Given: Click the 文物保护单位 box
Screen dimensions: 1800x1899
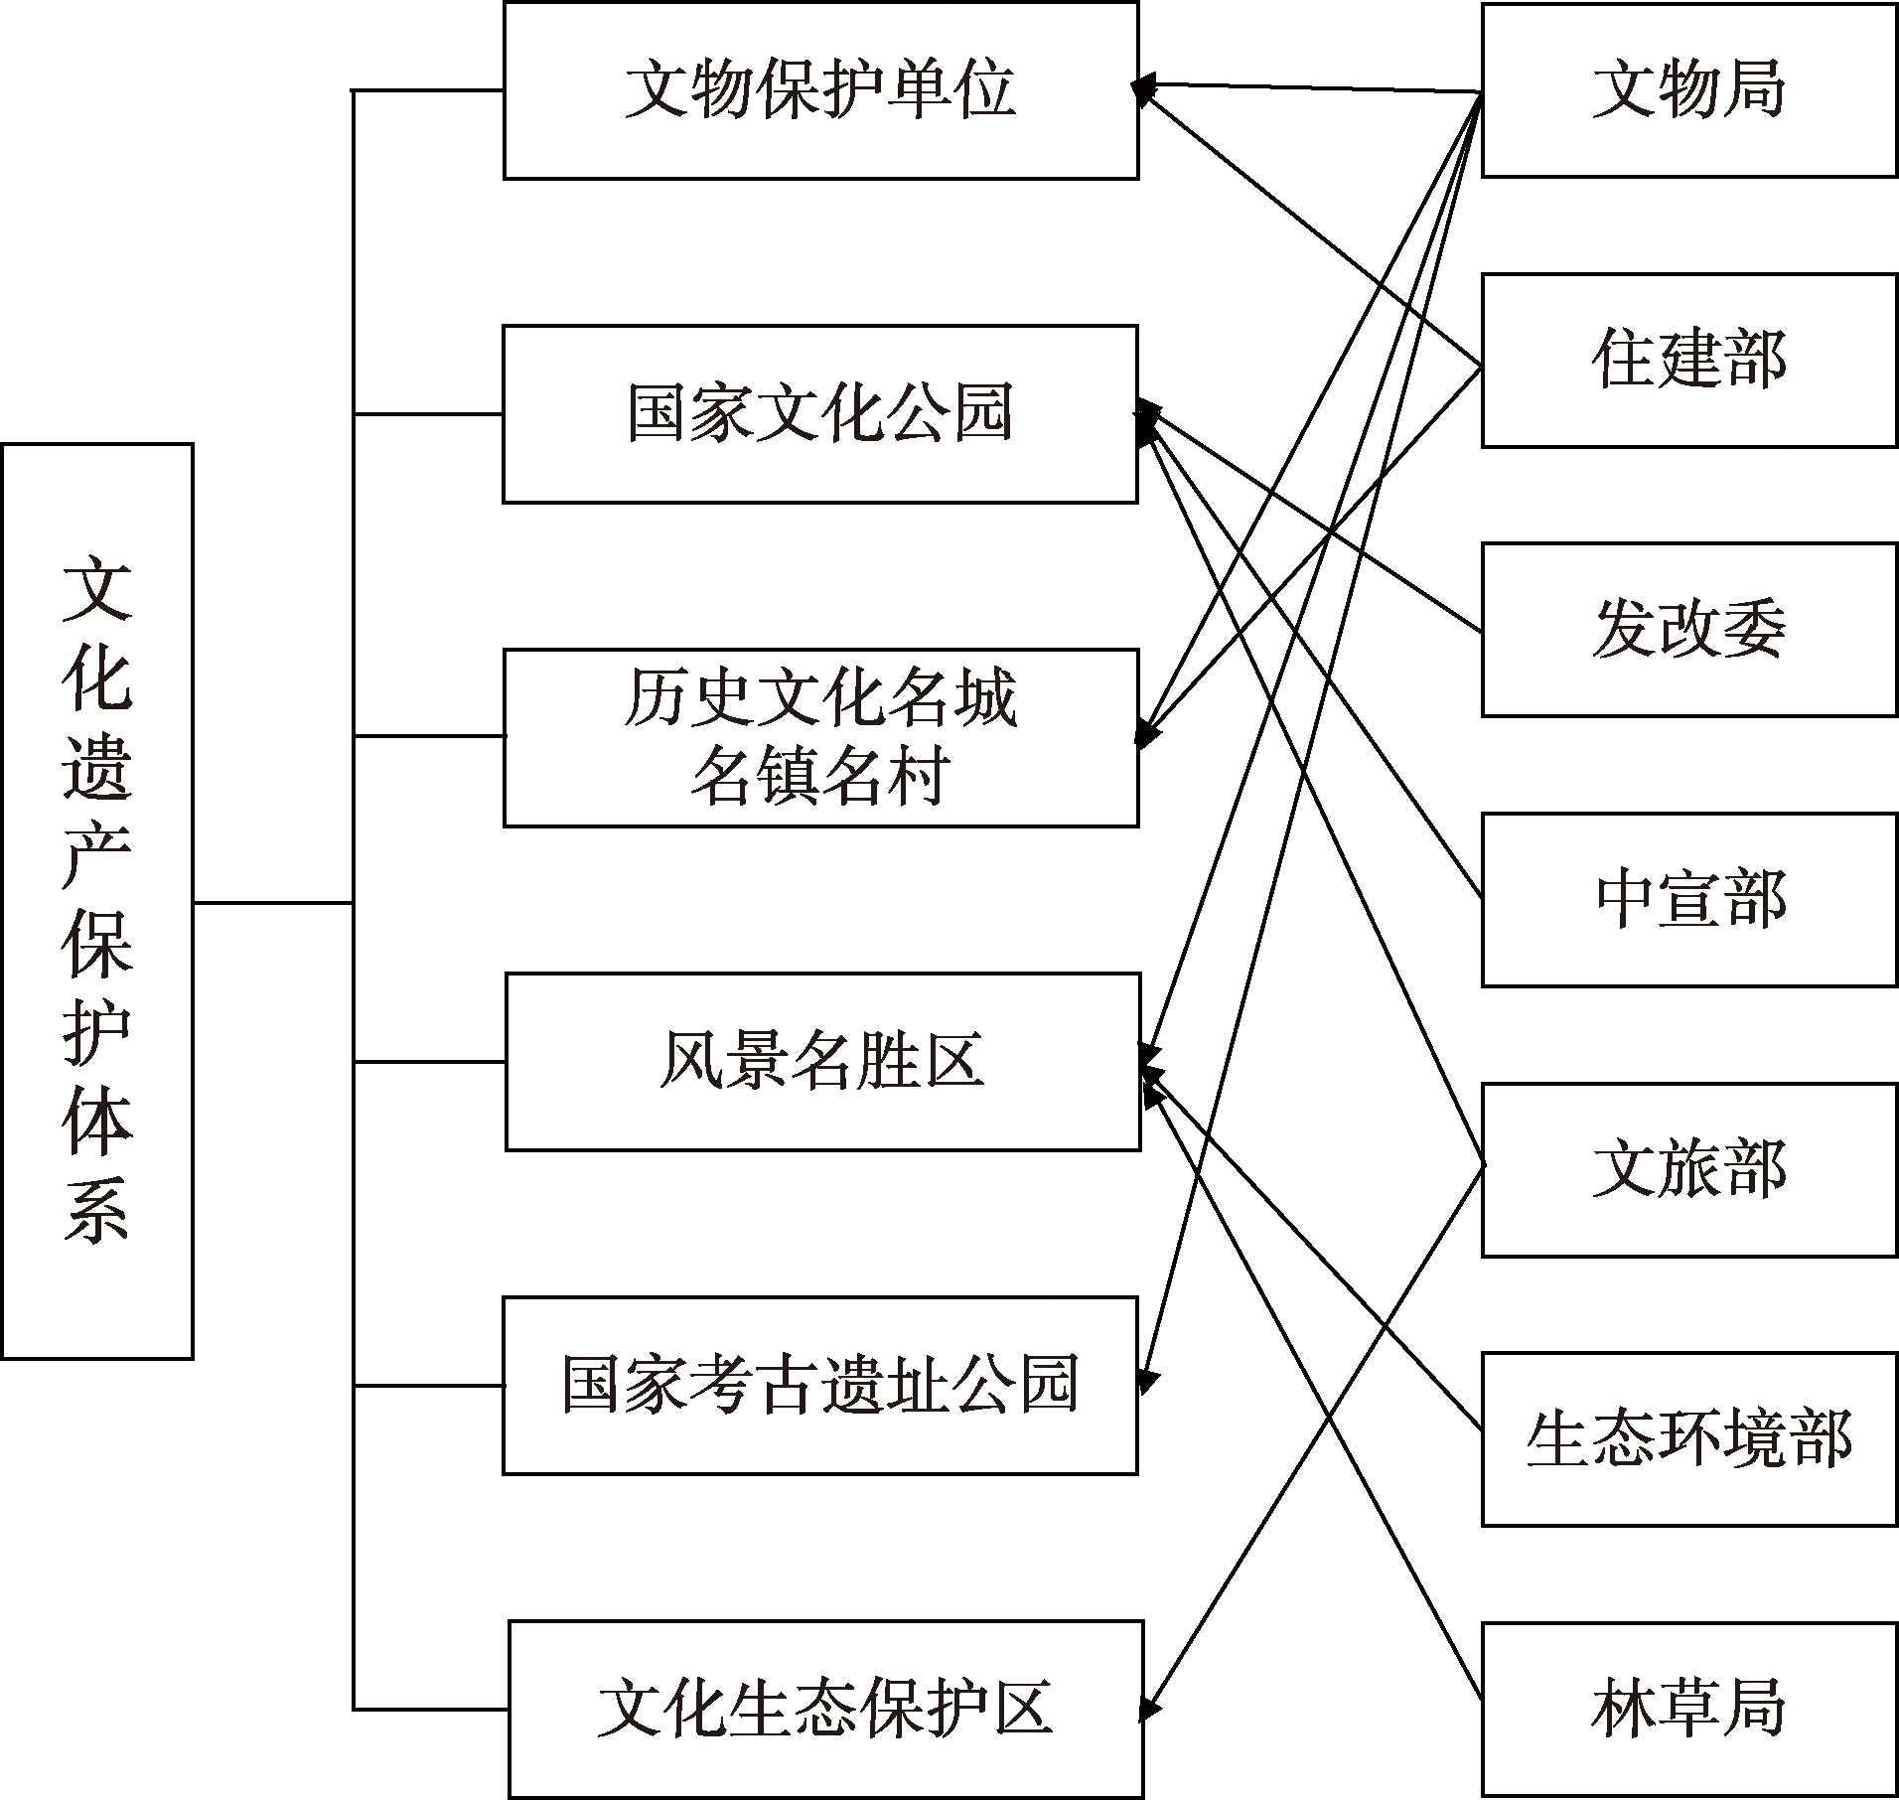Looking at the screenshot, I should pyautogui.click(x=820, y=90).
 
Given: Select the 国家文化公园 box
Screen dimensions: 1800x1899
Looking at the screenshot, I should pyautogui.click(x=820, y=413).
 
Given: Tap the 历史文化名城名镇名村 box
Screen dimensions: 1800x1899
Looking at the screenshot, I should pyautogui.click(x=820, y=737).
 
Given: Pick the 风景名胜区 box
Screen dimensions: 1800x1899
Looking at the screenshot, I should pyautogui.click(x=822, y=1061).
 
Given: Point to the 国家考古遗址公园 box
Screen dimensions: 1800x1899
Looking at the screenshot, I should pyautogui.click(x=820, y=1385).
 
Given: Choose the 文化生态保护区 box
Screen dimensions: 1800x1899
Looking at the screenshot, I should pyautogui.click(x=826, y=1709).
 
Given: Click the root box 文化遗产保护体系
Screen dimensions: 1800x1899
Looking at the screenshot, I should pyautogui.click(x=97, y=901).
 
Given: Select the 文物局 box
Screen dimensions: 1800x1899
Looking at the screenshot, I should pyautogui.click(x=1689, y=90).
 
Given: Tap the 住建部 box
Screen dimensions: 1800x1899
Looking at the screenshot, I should pyautogui.click(x=1689, y=361).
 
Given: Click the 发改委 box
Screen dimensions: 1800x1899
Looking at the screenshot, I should pyautogui.click(x=1689, y=630).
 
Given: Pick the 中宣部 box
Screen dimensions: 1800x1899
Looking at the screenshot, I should pyautogui.click(x=1689, y=899).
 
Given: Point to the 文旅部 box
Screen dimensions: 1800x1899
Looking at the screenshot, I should pyautogui.click(x=1689, y=1169).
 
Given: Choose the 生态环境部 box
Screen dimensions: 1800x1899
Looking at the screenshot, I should pyautogui.click(x=1689, y=1438).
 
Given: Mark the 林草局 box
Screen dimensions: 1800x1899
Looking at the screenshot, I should pyautogui.click(x=1689, y=1709).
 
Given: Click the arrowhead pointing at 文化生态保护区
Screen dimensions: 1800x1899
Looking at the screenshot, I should pyautogui.click(x=1149, y=1707).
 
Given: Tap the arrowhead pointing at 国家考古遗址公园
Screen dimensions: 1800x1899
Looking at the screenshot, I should pyautogui.click(x=1149, y=1381).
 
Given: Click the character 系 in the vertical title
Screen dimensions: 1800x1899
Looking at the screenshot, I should pyautogui.click(x=97, y=1211).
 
